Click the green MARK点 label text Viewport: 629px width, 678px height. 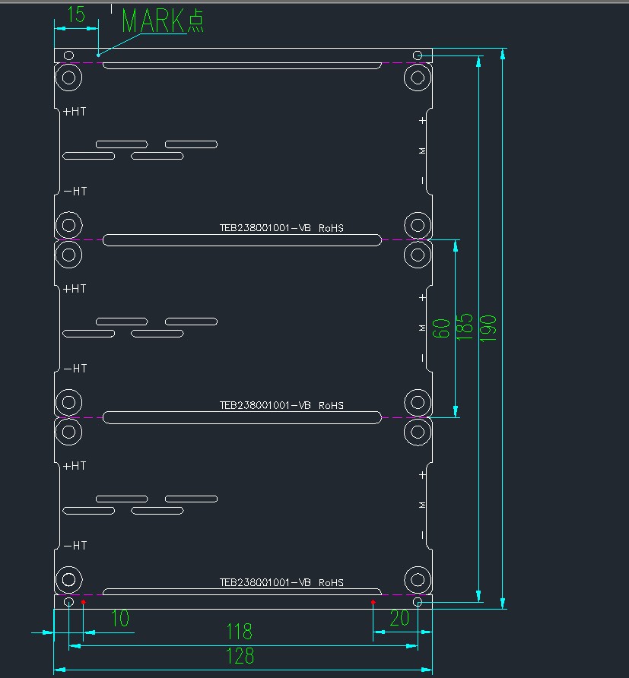pyautogui.click(x=162, y=21)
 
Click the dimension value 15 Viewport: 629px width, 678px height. pyautogui.click(x=76, y=14)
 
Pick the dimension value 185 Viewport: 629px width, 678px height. pyautogui.click(x=465, y=328)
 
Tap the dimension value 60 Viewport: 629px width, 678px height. pyautogui.click(x=441, y=328)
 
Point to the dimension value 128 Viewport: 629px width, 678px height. pyautogui.click(x=240, y=656)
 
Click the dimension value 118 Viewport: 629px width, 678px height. pyautogui.click(x=240, y=632)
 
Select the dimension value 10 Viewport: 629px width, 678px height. pyautogui.click(x=120, y=619)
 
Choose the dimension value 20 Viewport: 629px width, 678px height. pyautogui.click(x=399, y=618)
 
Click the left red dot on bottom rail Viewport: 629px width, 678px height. pyautogui.click(x=83, y=602)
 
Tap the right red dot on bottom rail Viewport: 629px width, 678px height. pyautogui.click(x=373, y=602)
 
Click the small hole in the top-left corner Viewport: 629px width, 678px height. pyautogui.click(x=68, y=55)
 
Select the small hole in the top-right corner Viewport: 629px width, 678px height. pyautogui.click(x=418, y=55)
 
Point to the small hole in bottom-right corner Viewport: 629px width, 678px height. pyautogui.click(x=418, y=603)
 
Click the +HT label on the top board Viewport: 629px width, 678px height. pyautogui.click(x=75, y=111)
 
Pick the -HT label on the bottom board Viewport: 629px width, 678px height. pyautogui.click(x=75, y=545)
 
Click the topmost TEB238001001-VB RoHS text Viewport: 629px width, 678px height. pyautogui.click(x=281, y=227)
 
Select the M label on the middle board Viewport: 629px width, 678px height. pyautogui.click(x=423, y=328)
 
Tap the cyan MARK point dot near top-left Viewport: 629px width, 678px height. pyautogui.click(x=98, y=55)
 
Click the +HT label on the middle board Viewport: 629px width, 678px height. pyautogui.click(x=75, y=288)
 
